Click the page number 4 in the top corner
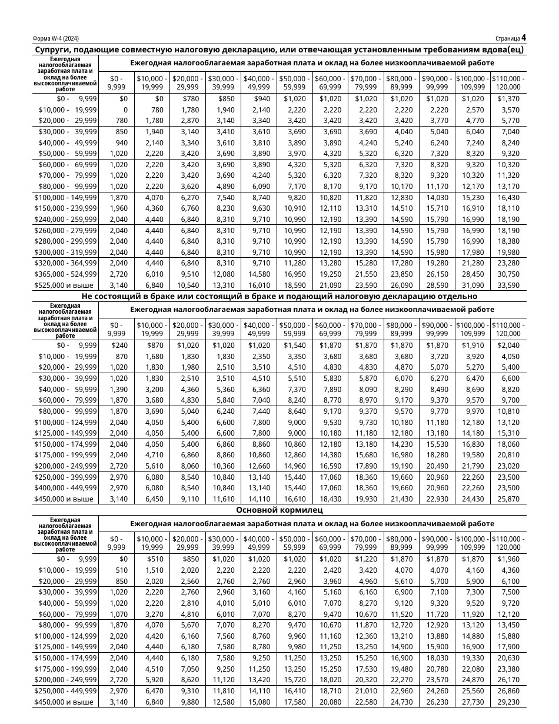[x=523, y=38]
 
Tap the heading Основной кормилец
[x=279, y=510]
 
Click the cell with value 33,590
[x=508, y=285]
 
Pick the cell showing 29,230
[x=508, y=702]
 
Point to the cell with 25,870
[x=508, y=499]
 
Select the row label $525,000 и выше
[x=66, y=285]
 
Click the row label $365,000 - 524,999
[x=66, y=274]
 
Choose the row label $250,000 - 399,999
[x=66, y=477]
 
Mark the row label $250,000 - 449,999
[x=66, y=690]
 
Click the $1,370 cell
[x=508, y=99]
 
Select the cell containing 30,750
[x=508, y=274]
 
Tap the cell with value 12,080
[x=224, y=274]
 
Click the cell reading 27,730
[x=473, y=702]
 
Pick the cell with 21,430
[x=402, y=499]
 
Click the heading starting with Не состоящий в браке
[x=279, y=296]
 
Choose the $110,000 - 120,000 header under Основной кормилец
[x=508, y=543]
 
